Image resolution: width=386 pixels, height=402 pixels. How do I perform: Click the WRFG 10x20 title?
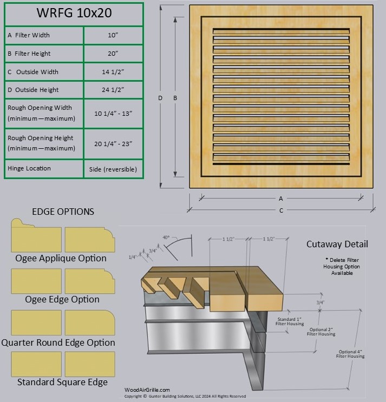coord(74,14)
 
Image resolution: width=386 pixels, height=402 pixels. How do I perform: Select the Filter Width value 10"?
coord(113,35)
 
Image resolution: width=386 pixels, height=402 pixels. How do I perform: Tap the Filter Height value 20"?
coord(113,54)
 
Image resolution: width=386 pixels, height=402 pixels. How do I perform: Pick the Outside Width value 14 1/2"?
coord(113,72)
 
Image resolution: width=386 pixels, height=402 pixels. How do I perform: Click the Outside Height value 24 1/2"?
coord(113,90)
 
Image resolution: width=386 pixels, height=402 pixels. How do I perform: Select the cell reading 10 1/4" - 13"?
coord(113,113)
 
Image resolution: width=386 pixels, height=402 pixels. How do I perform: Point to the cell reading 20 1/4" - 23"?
coord(113,143)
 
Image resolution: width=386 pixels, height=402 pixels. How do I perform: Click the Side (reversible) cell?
coord(113,169)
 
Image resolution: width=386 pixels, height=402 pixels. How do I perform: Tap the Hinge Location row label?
coord(29,168)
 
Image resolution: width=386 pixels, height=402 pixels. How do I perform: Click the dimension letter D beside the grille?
coord(160,98)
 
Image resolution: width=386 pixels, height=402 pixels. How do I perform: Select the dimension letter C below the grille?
coord(281,210)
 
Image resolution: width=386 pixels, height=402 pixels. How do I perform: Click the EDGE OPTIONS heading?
coord(63,212)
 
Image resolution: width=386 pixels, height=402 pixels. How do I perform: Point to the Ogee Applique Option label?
coord(61,258)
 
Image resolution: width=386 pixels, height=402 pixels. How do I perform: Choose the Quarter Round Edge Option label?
coord(58,342)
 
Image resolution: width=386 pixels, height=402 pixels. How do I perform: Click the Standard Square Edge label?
coord(62,382)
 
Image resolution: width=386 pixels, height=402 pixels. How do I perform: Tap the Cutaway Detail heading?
coord(337,244)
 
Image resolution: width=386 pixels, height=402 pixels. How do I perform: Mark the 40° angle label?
coord(166,237)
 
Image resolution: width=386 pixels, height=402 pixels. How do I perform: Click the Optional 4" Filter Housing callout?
coord(351,354)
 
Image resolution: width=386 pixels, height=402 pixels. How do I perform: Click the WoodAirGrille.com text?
coord(147,390)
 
